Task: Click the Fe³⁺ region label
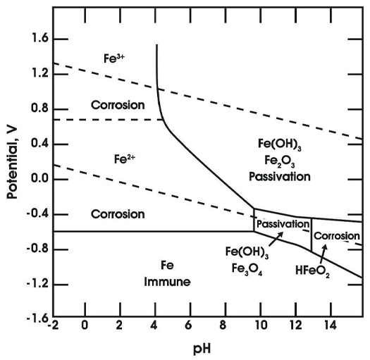pyautogui.click(x=114, y=58)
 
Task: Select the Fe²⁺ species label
pyautogui.click(x=125, y=159)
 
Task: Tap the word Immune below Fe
pyautogui.click(x=167, y=282)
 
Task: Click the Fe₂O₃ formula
pyautogui.click(x=280, y=161)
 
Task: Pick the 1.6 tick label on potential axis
pyautogui.click(x=39, y=39)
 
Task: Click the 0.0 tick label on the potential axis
pyautogui.click(x=39, y=178)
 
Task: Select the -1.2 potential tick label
pyautogui.click(x=37, y=284)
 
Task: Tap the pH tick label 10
pyautogui.click(x=261, y=325)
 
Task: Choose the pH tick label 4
pyautogui.click(x=154, y=325)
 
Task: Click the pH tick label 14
pyautogui.click(x=330, y=325)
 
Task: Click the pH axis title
pyautogui.click(x=202, y=349)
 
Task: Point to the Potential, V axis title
pyautogui.click(x=12, y=163)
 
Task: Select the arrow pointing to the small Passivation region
pyautogui.click(x=276, y=240)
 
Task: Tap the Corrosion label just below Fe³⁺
pyautogui.click(x=118, y=105)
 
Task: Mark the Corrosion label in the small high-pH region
pyautogui.click(x=337, y=236)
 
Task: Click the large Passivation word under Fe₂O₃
pyautogui.click(x=280, y=177)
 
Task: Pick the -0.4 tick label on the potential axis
pyautogui.click(x=37, y=214)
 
